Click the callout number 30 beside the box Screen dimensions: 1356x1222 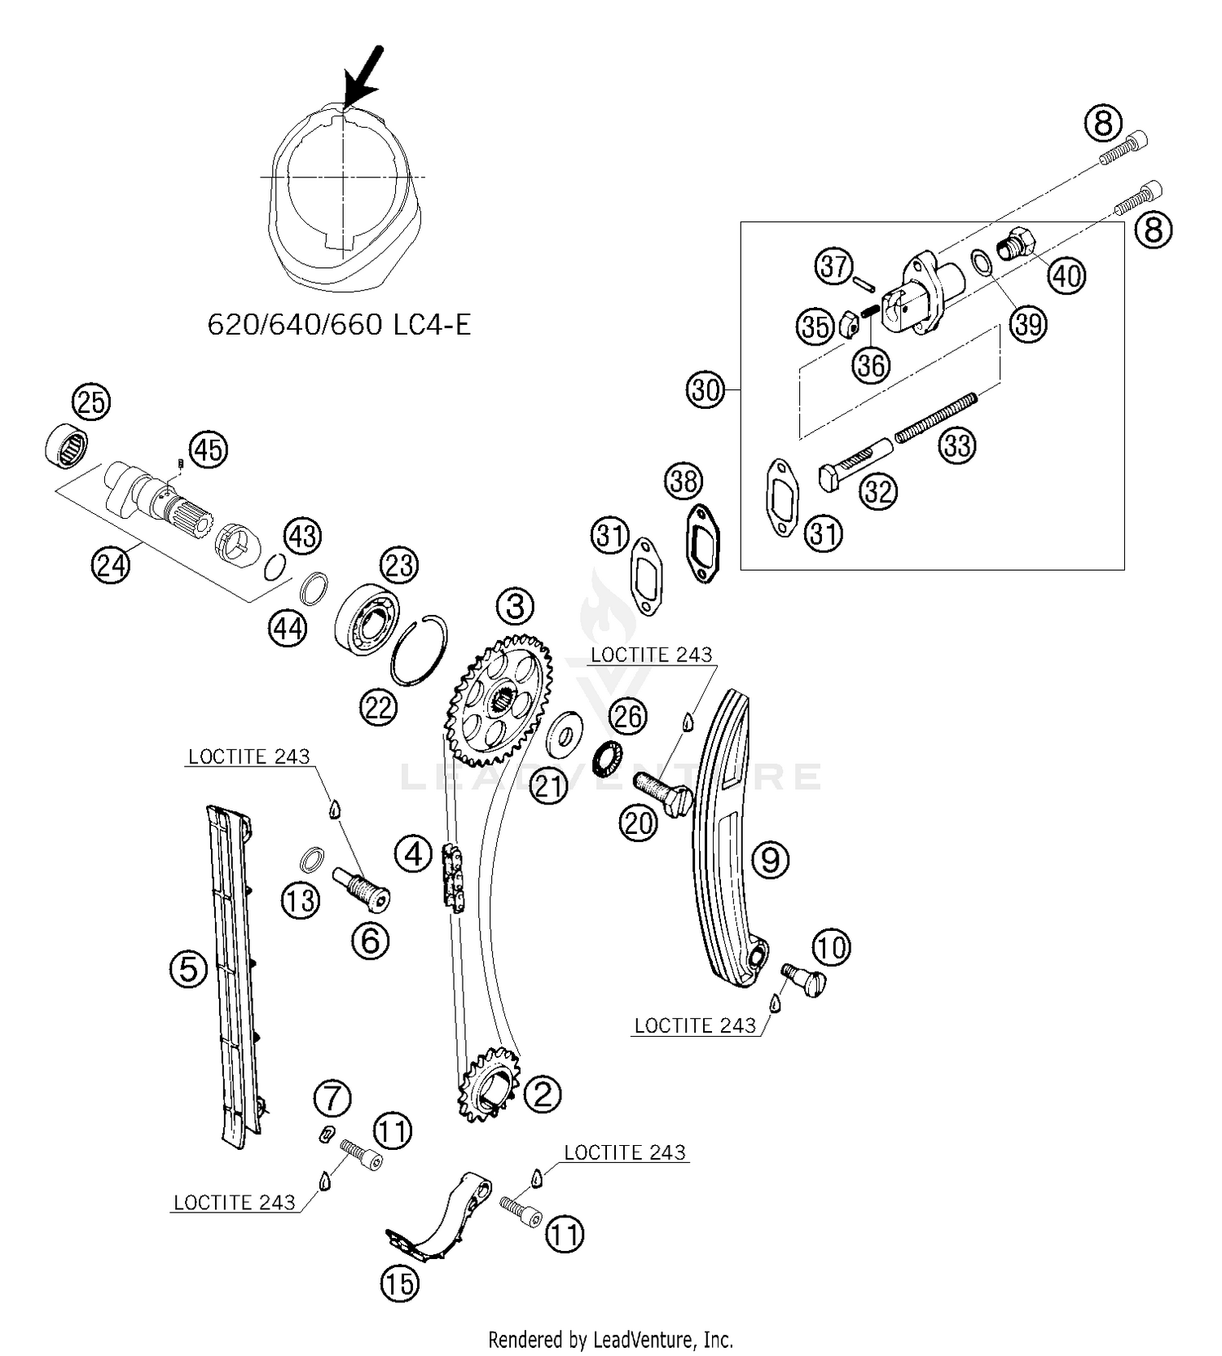point(706,390)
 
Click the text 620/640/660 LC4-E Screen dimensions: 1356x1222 point(339,324)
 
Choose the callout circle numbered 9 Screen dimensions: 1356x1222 point(770,858)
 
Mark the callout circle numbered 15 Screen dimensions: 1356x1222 point(399,1284)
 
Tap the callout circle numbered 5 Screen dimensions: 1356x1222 point(188,969)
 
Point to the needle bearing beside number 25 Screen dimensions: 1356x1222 point(66,445)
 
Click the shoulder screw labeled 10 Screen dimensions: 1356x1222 point(803,978)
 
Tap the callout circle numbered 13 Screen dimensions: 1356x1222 point(301,900)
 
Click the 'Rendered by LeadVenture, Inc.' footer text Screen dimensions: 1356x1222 point(610,1339)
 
